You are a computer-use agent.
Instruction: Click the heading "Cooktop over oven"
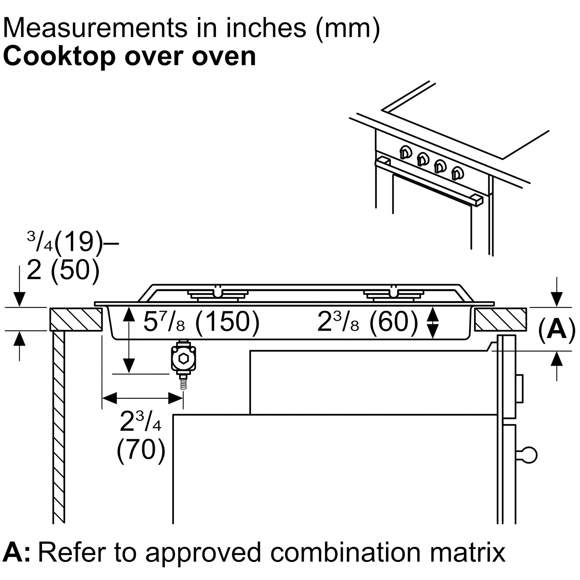pyautogui.click(x=129, y=57)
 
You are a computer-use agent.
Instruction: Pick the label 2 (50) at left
pyautogui.click(x=63, y=269)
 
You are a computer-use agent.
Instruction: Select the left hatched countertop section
pyautogui.click(x=76, y=319)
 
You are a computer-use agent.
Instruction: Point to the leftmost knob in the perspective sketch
pyautogui.click(x=405, y=152)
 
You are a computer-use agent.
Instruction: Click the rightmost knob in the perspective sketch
pyautogui.click(x=458, y=173)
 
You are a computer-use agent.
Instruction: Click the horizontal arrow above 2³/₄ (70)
pyautogui.click(x=142, y=398)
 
